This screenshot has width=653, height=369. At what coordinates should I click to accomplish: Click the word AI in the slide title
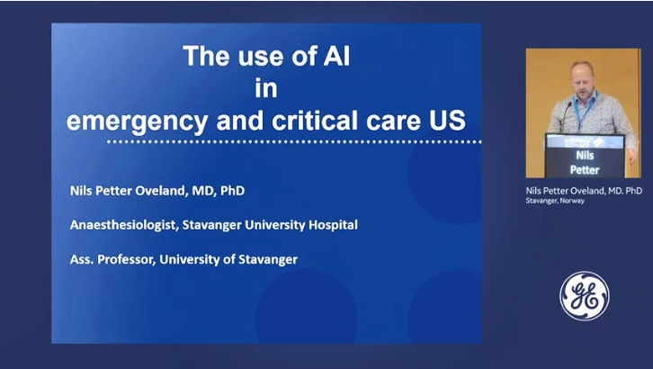point(336,56)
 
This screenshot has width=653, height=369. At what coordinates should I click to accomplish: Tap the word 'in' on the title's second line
point(266,88)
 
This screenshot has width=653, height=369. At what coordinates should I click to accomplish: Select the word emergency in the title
point(137,121)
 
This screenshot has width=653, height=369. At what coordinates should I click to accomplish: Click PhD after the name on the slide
point(232,191)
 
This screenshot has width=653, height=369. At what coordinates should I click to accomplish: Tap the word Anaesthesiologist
point(124,225)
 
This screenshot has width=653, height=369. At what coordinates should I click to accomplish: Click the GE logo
point(585,296)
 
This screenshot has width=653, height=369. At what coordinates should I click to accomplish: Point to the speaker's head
point(582,77)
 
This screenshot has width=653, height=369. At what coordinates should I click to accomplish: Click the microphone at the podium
point(564,117)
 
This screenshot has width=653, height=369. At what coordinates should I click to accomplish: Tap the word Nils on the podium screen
point(585,156)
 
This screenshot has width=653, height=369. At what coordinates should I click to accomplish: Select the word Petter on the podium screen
point(585,170)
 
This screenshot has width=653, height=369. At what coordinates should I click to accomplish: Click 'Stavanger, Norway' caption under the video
point(555,201)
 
